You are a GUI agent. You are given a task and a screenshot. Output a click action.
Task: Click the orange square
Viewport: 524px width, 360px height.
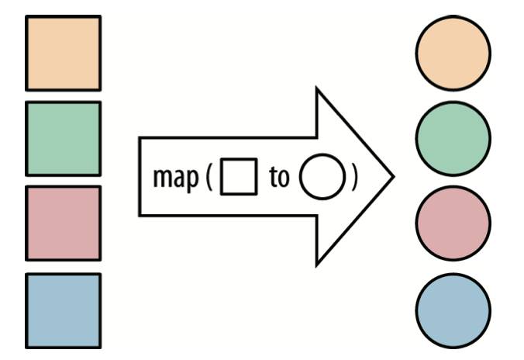[x=63, y=53]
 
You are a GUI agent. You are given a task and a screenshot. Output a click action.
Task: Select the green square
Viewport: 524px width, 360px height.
[x=63, y=139]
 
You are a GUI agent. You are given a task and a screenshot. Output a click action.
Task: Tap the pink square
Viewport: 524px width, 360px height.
[x=63, y=223]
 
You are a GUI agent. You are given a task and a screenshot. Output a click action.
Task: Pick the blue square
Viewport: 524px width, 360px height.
[x=63, y=311]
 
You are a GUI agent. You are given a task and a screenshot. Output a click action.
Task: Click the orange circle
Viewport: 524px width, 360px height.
[x=453, y=53]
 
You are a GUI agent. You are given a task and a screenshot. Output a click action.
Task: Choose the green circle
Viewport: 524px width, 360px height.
[x=453, y=139]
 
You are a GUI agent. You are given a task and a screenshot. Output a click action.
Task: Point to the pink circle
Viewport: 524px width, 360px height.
[x=453, y=223]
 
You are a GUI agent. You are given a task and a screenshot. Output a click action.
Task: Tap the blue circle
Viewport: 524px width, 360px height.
[x=453, y=311]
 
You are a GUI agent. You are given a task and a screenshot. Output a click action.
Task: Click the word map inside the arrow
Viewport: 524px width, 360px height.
[x=175, y=179]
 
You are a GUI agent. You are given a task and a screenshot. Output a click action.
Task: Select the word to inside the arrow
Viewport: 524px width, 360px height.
[x=279, y=176]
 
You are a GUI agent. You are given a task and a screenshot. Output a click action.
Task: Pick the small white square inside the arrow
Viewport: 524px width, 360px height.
[x=239, y=176]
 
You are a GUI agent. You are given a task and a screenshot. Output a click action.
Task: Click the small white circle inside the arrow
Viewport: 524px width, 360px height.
[x=322, y=177]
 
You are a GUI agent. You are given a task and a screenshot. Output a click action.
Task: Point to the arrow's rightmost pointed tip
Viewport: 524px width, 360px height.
[x=395, y=177]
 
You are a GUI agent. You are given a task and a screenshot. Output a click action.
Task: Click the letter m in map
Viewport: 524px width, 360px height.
[x=162, y=178]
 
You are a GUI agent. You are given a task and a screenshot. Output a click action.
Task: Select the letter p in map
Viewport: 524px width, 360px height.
[x=191, y=180]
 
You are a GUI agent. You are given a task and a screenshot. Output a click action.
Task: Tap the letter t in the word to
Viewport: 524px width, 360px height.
[x=273, y=176]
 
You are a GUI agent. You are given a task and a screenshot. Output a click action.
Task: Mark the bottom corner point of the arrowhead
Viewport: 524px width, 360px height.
[x=316, y=266]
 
